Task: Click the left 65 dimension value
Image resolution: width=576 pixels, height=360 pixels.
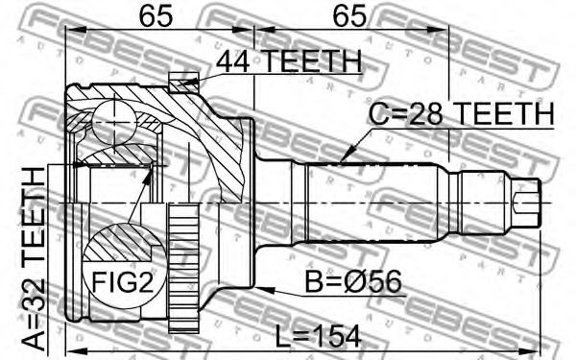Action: coord(156,15)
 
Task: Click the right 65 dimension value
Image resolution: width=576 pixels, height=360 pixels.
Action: coord(349,15)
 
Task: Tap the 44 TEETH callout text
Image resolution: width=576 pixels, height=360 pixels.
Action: coord(289,61)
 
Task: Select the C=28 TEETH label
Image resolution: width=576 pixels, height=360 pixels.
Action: coord(461,113)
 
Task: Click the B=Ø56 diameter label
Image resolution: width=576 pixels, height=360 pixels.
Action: coord(353,281)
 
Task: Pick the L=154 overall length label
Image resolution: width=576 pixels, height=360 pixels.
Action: coord(318,337)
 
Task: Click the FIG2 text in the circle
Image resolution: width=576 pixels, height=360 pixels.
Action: coord(122,281)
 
